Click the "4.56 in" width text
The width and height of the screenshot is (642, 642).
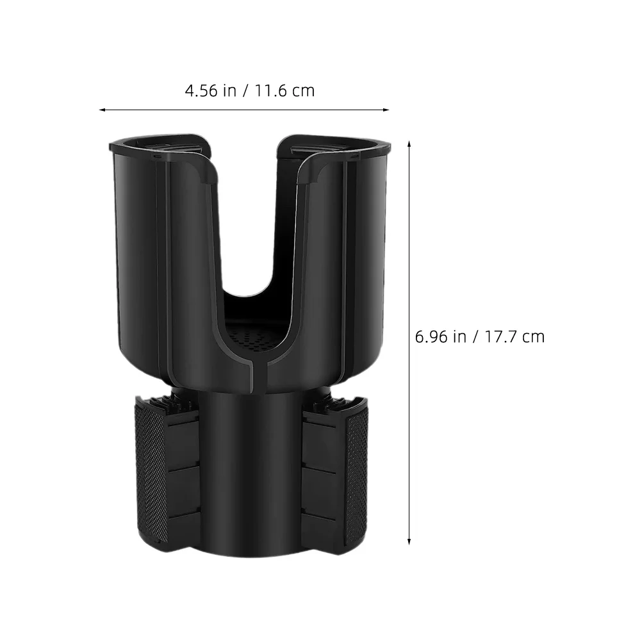[x=210, y=90]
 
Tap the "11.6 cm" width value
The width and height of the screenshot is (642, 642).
[x=285, y=90]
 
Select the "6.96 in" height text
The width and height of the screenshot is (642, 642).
[x=441, y=336]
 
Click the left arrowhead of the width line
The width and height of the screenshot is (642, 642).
[x=101, y=110]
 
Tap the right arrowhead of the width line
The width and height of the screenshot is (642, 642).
[x=387, y=110]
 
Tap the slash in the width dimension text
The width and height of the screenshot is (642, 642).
[x=246, y=90]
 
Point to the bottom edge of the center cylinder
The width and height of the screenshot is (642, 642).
[x=250, y=555]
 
